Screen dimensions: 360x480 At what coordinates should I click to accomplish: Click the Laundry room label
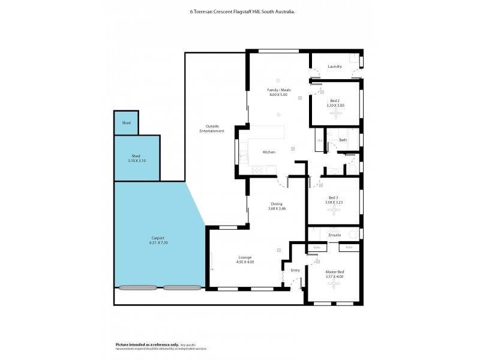click(335, 67)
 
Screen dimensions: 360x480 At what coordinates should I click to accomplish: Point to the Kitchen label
click(269, 152)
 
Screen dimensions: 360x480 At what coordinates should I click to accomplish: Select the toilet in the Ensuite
click(353, 234)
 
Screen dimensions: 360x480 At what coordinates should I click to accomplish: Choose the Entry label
click(295, 271)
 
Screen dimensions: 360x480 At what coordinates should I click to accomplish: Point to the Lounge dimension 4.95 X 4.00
click(245, 262)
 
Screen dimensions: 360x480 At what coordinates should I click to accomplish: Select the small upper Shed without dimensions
click(126, 122)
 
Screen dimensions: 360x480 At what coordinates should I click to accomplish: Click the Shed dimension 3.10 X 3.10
click(137, 161)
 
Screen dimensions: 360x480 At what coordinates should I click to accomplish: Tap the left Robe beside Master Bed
click(317, 247)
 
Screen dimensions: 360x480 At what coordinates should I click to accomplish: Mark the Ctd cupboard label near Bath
click(320, 140)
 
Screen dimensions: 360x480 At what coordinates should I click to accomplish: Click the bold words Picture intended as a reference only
click(147, 344)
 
